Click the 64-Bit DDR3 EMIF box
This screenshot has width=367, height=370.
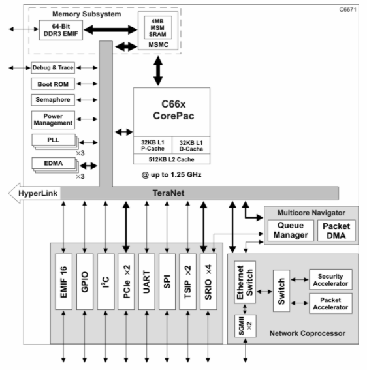[x=61, y=30]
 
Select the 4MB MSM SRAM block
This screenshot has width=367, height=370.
[x=158, y=27]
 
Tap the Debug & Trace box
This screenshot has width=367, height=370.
[x=53, y=68]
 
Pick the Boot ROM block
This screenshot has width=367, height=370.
[x=53, y=84]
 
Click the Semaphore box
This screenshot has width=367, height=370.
[x=53, y=100]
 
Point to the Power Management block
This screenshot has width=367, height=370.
[x=53, y=120]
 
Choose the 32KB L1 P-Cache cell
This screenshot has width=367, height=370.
[x=153, y=146]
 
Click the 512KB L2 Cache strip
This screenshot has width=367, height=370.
[x=172, y=159]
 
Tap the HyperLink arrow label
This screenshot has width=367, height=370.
[x=38, y=193]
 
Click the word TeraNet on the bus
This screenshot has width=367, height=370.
[x=168, y=193]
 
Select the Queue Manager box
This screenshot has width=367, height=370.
[x=291, y=230]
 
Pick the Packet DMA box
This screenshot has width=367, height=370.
[x=336, y=230]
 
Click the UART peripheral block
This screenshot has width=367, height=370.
[x=147, y=282]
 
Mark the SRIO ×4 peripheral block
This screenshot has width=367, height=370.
[x=208, y=282]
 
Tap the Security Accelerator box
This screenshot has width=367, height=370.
[x=330, y=280]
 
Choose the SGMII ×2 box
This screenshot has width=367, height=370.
[x=245, y=326]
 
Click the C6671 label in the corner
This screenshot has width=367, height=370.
[x=347, y=10]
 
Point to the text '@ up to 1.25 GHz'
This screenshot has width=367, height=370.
[x=172, y=175]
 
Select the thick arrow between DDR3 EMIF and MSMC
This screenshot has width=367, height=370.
[x=110, y=30]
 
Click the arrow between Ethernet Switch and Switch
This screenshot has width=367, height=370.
[x=264, y=292]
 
